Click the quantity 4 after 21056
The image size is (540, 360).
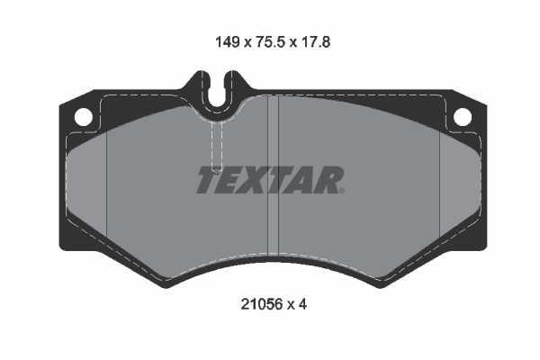point(304,304)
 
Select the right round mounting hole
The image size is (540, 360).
point(461,117)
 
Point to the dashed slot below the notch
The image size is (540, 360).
point(216,144)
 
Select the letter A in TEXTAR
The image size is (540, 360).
point(305,181)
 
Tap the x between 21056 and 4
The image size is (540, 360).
point(289,304)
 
